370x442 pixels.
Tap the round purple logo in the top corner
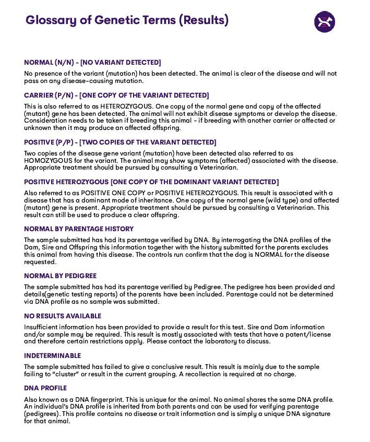tap(324, 22)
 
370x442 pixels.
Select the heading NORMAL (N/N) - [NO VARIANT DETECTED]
tap(92, 63)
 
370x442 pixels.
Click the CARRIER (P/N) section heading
tap(116, 95)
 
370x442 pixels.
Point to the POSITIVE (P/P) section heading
tap(120, 142)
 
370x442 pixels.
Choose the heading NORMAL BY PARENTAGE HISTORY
tap(79, 229)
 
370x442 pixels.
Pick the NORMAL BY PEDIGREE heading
tap(61, 276)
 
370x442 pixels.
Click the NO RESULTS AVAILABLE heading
tap(63, 316)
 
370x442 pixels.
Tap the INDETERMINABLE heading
tap(53, 356)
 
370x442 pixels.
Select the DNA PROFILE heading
tap(45, 388)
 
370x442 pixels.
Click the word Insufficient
tap(42, 327)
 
